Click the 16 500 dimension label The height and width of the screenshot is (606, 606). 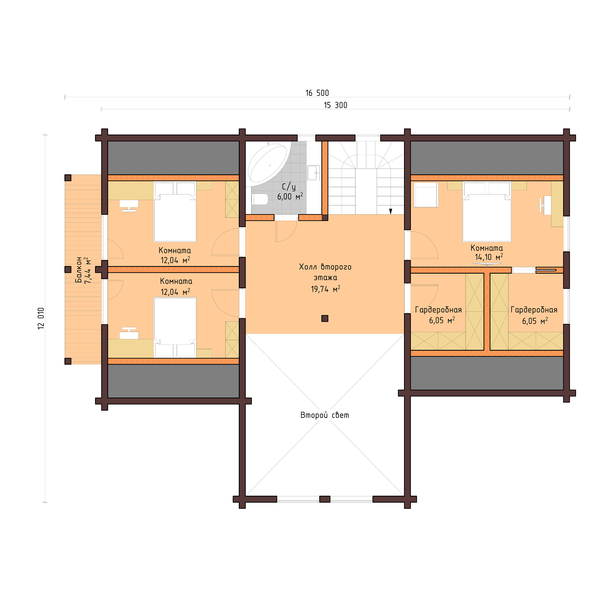317,93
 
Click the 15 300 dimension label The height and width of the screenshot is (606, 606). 335,105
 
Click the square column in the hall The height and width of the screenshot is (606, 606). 325,318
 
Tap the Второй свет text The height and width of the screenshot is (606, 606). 325,415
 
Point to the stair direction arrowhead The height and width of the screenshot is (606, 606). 391,211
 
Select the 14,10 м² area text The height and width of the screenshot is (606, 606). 489,257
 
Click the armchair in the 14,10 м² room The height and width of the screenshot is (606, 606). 426,195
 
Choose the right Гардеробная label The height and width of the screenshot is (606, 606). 534,310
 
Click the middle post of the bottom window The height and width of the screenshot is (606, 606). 325,499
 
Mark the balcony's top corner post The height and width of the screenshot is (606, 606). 68,178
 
